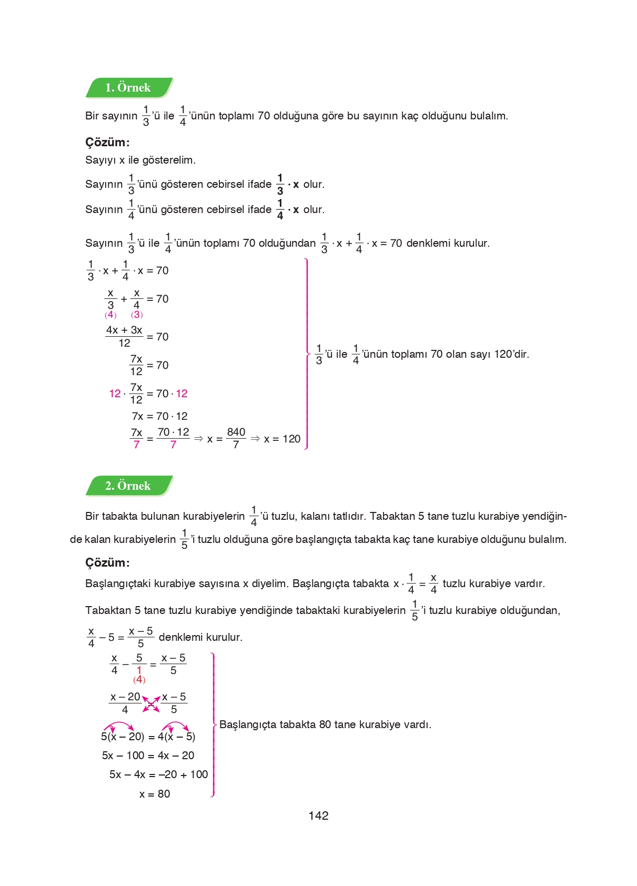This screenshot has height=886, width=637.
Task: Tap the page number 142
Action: (318, 815)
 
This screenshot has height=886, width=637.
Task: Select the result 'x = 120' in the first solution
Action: (282, 439)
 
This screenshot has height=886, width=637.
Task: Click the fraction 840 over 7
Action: (236, 438)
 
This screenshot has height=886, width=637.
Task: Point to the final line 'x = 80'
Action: (155, 794)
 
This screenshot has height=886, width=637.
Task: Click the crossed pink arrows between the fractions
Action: (151, 703)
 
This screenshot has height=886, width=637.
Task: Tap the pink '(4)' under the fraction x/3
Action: (110, 315)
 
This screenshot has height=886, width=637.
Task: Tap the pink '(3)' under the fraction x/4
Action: (137, 315)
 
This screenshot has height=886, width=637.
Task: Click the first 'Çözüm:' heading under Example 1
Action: (107, 142)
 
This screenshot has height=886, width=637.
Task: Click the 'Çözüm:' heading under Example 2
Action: (107, 562)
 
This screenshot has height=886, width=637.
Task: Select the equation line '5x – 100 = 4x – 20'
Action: (148, 756)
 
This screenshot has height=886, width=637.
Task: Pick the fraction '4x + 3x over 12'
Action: (124, 337)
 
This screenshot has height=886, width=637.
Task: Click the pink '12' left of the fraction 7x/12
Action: (115, 394)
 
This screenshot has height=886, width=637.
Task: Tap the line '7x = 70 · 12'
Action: (159, 416)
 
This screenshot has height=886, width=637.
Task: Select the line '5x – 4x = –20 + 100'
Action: (158, 774)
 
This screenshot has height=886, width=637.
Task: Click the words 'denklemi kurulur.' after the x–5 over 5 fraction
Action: (200, 637)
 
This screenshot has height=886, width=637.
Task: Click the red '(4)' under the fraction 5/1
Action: (139, 680)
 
